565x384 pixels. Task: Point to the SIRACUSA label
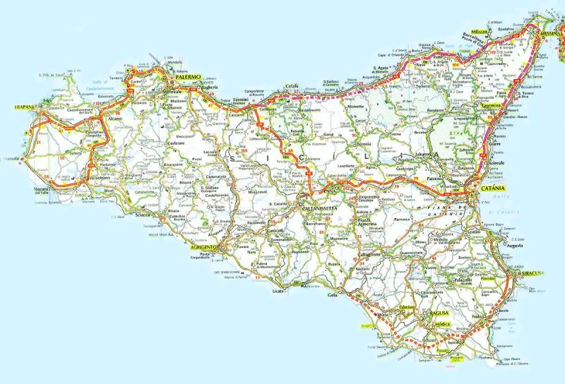click(530, 273)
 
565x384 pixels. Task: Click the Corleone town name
click(177, 143)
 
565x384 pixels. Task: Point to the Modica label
click(442, 323)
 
